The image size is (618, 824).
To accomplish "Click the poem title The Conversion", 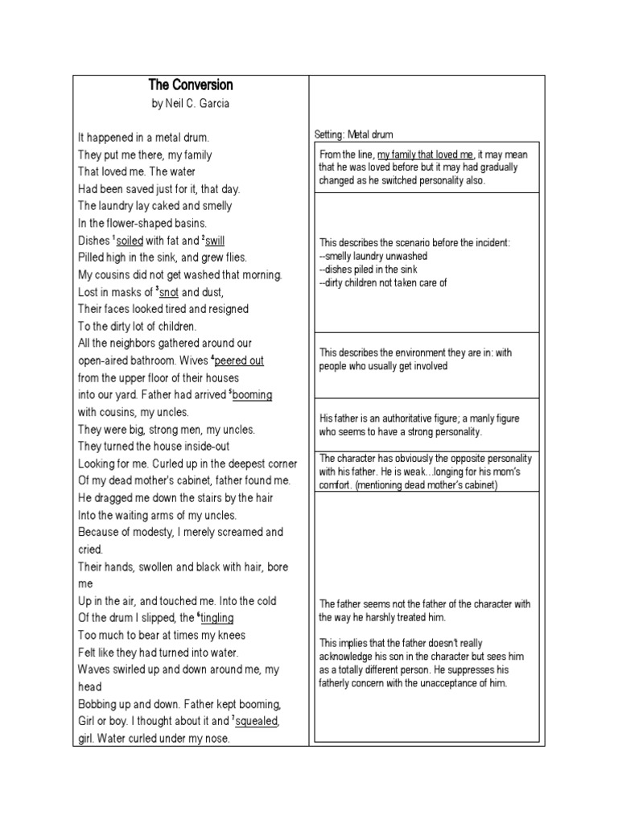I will (191, 85).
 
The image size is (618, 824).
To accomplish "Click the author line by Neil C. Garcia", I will (191, 104).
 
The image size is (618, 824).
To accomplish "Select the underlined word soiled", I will (130, 241).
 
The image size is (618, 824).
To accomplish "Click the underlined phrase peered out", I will (239, 360).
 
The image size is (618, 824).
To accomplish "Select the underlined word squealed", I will (257, 721).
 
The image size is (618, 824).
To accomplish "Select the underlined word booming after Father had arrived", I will (252, 395).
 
